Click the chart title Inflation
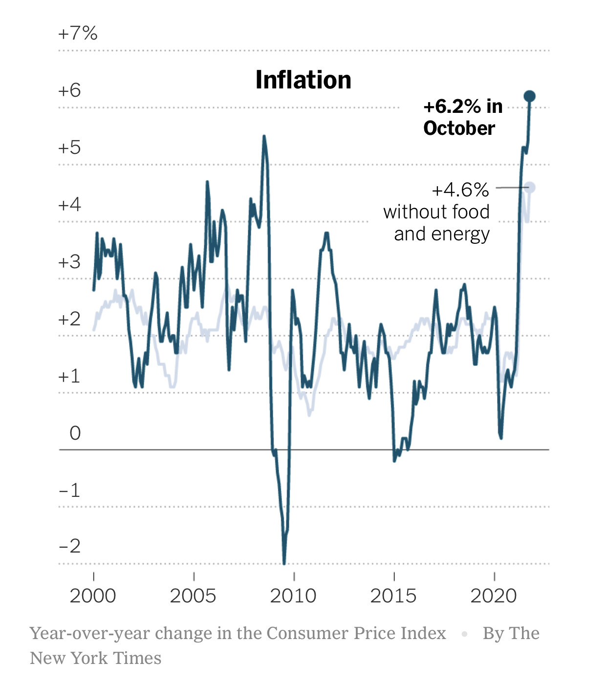(303, 80)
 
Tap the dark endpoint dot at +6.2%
(529, 96)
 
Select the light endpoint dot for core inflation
(530, 187)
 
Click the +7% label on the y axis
(78, 34)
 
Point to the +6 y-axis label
(69, 90)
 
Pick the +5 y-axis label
(69, 148)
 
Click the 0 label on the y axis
(75, 433)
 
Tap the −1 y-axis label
(69, 490)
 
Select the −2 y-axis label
(69, 546)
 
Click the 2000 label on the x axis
(93, 596)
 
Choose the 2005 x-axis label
(193, 596)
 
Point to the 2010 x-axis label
(293, 596)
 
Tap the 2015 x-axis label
(393, 596)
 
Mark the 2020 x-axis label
(494, 596)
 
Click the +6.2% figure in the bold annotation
(453, 107)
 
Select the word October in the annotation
(459, 128)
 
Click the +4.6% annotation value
(460, 190)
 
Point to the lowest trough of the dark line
(284, 562)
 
